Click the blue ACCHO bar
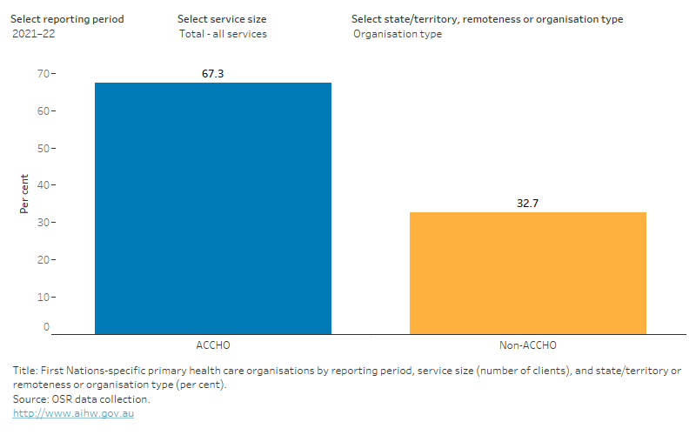pyautogui.click(x=213, y=208)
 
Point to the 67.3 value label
pyautogui.click(x=213, y=75)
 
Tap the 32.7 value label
pyautogui.click(x=527, y=204)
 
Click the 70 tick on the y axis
pyautogui.click(x=43, y=74)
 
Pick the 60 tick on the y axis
pyautogui.click(x=43, y=111)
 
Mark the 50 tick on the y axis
pyautogui.click(x=43, y=148)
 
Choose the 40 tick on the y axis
pyautogui.click(x=43, y=185)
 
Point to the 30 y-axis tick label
pyautogui.click(x=43, y=223)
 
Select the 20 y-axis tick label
pyautogui.click(x=43, y=259)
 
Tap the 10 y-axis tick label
pyautogui.click(x=43, y=297)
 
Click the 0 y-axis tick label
pyautogui.click(x=46, y=327)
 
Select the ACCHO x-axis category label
pyautogui.click(x=213, y=345)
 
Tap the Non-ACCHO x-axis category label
pyautogui.click(x=527, y=345)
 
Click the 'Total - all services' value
pyautogui.click(x=222, y=34)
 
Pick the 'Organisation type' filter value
pyautogui.click(x=398, y=34)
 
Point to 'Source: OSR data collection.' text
pyautogui.click(x=82, y=399)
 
